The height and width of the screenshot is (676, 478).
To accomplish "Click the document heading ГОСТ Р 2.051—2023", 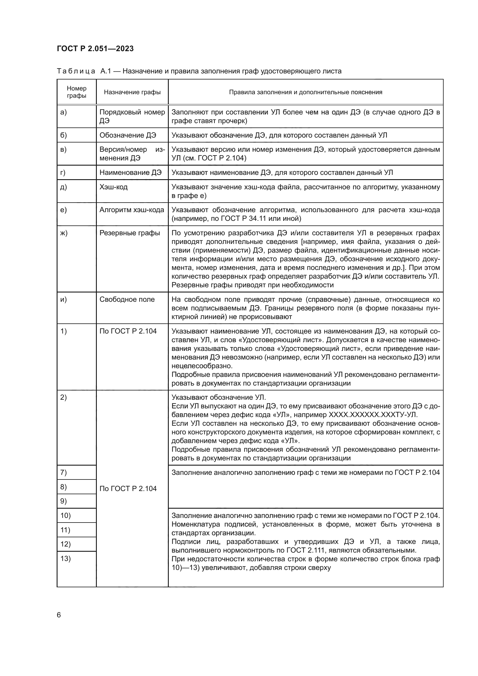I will pyautogui.click(x=95, y=49).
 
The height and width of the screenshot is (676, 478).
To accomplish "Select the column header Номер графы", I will pyautogui.click(x=77, y=92).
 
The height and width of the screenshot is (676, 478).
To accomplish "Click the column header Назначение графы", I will pyautogui.click(x=132, y=92).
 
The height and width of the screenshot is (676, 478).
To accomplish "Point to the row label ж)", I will pyautogui.click(x=64, y=233).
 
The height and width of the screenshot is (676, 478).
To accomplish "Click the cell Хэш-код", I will pyautogui.click(x=114, y=187).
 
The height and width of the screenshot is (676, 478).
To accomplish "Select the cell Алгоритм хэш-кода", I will pyautogui.click(x=131, y=210).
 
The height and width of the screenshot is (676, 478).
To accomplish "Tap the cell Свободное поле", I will pyautogui.click(x=127, y=299).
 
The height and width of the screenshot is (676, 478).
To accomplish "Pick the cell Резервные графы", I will pyautogui.click(x=129, y=233).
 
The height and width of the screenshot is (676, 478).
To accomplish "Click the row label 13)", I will pyautogui.click(x=66, y=559).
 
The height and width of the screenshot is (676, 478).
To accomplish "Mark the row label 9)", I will pyautogui.click(x=64, y=501).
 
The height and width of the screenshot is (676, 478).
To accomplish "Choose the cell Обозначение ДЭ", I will pyautogui.click(x=128, y=135).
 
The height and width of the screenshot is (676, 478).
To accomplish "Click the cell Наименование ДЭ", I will pyautogui.click(x=130, y=173).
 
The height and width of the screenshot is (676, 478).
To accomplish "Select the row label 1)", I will pyautogui.click(x=64, y=331).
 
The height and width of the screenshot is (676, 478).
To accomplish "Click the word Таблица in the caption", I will pyautogui.click(x=76, y=71).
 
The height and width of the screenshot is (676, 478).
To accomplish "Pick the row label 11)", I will pyautogui.click(x=65, y=530).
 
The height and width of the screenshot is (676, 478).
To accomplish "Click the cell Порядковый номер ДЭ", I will pyautogui.click(x=132, y=116).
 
